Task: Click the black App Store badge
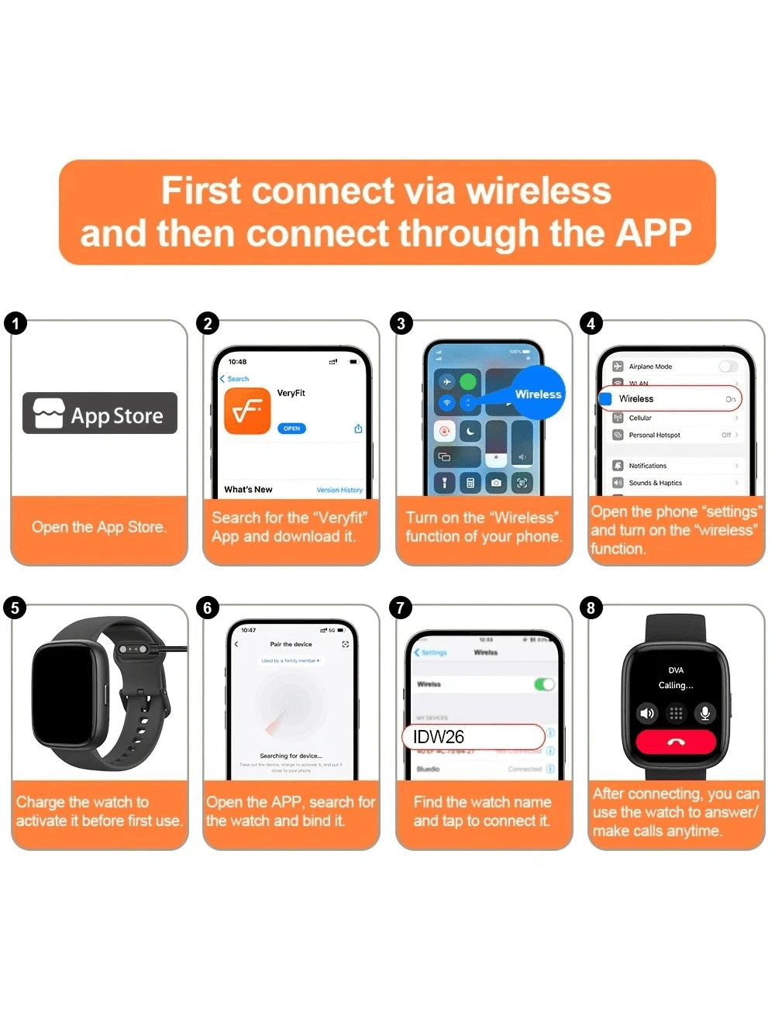point(100,413)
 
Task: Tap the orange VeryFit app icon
point(247,411)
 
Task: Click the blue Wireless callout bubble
point(537,394)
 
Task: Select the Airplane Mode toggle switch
point(727,367)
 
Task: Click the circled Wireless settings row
point(670,398)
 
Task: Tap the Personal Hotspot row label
point(654,435)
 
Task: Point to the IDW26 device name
point(439,737)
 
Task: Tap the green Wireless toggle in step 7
point(544,684)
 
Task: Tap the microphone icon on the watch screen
point(704,713)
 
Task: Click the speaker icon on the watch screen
point(646,713)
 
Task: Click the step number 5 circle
point(15,608)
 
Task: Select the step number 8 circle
point(591,608)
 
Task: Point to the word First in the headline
point(201,191)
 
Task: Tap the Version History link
point(339,490)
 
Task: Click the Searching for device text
point(291,756)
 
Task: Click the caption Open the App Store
point(99,527)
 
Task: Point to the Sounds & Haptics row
point(655,483)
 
